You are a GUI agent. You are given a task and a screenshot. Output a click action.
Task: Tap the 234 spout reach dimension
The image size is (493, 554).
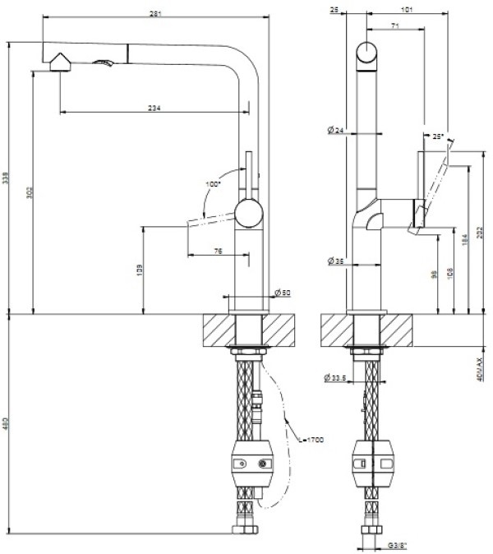[x=154, y=108]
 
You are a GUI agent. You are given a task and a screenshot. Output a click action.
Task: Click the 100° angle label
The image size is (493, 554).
[x=214, y=184]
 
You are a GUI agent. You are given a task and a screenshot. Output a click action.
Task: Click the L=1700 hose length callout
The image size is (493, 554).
[x=312, y=441]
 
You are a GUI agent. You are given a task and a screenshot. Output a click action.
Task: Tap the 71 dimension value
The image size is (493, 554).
[x=395, y=28]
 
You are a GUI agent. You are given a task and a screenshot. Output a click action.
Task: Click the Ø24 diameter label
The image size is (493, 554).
[x=334, y=131]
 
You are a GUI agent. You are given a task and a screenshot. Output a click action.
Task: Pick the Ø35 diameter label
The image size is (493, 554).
[x=334, y=261]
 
